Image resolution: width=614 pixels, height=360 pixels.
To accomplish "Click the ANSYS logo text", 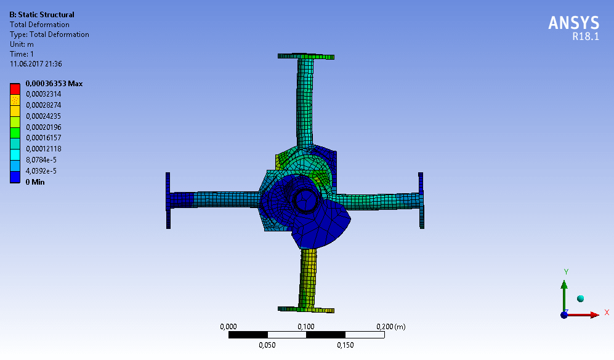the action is click(x=574, y=23).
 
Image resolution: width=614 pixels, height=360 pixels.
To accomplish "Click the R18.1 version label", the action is click(x=586, y=36).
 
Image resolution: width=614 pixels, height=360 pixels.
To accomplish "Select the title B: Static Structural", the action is click(x=42, y=15).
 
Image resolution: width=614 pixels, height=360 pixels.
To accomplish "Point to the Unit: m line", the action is click(x=22, y=44).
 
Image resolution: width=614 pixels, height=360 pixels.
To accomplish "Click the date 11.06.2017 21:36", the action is click(x=36, y=64).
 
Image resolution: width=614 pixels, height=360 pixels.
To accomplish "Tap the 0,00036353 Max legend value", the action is click(x=54, y=83).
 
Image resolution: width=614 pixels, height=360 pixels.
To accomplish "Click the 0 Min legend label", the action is click(x=35, y=182).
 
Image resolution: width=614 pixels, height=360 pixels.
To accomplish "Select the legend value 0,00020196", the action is click(x=44, y=127).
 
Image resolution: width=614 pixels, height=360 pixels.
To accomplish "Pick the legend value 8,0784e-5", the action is click(x=41, y=159).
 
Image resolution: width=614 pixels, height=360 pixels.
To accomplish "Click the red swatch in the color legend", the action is click(x=15, y=89).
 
